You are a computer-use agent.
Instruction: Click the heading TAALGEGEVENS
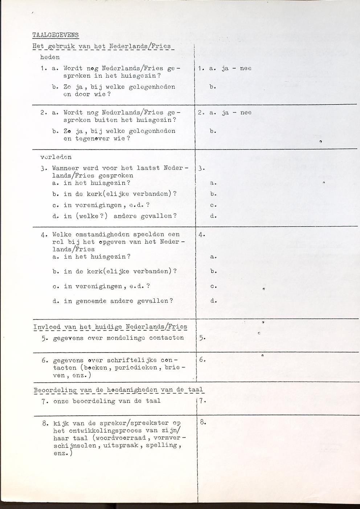pos(55,35)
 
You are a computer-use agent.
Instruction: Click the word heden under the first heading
pos(50,57)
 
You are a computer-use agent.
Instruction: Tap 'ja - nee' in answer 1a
pos(236,68)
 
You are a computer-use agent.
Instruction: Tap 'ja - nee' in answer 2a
pos(236,113)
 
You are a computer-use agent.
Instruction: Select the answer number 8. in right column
pos(202,422)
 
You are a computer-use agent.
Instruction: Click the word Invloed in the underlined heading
pos(47,327)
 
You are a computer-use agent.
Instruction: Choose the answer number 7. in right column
pos(202,401)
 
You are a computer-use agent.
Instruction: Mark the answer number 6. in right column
pos(202,360)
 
